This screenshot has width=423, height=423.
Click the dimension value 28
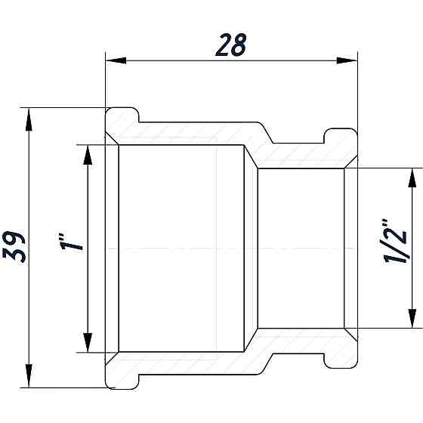231,45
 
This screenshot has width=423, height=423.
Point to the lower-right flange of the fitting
340,355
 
